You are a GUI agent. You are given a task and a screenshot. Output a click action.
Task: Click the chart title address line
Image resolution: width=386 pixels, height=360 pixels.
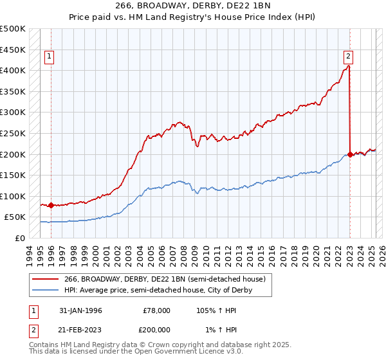[x=192, y=6]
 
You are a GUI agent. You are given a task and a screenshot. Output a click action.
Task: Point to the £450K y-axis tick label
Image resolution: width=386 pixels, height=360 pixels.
[x=13, y=50]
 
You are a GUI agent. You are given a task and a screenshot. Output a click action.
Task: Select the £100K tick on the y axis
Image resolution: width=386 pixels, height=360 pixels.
[x=13, y=196]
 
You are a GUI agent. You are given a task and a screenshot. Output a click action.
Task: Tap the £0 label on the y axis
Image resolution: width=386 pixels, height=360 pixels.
[x=20, y=238]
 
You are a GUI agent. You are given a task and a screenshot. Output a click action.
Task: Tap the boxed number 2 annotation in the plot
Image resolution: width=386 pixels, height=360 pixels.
[x=347, y=56]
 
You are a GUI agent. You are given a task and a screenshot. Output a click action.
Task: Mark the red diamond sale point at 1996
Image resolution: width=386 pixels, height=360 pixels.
[x=51, y=206]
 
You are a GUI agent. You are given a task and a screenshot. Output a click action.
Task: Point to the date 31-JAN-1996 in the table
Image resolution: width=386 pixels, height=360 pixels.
[x=80, y=310]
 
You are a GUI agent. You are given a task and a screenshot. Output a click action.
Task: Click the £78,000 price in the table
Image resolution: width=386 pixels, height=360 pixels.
[x=156, y=310]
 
